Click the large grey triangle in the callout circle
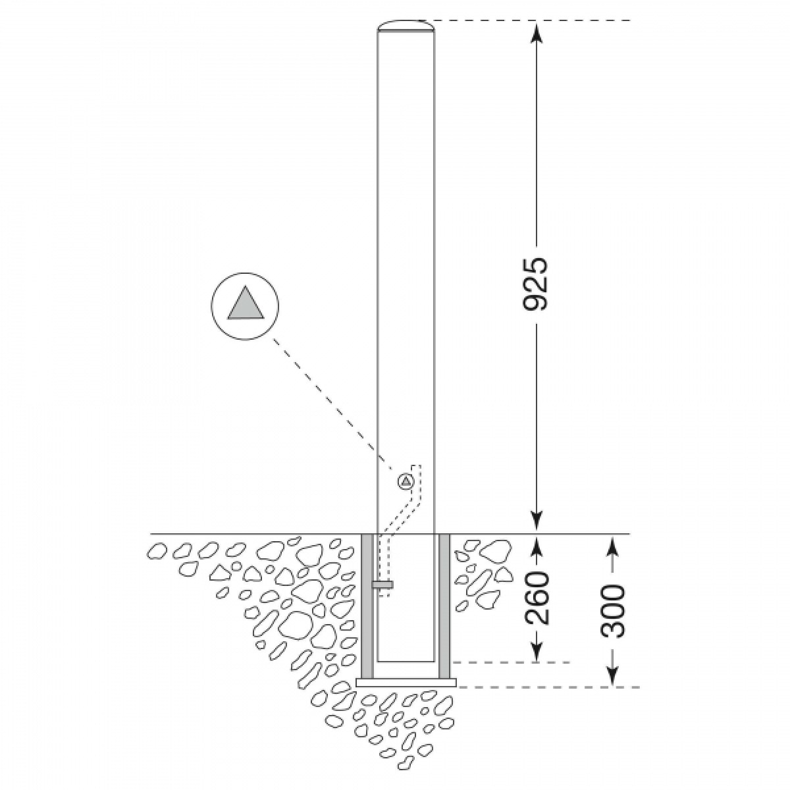pyautogui.click(x=246, y=305)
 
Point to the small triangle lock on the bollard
pyautogui.click(x=406, y=482)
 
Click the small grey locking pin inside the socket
pyautogui.click(x=382, y=585)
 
